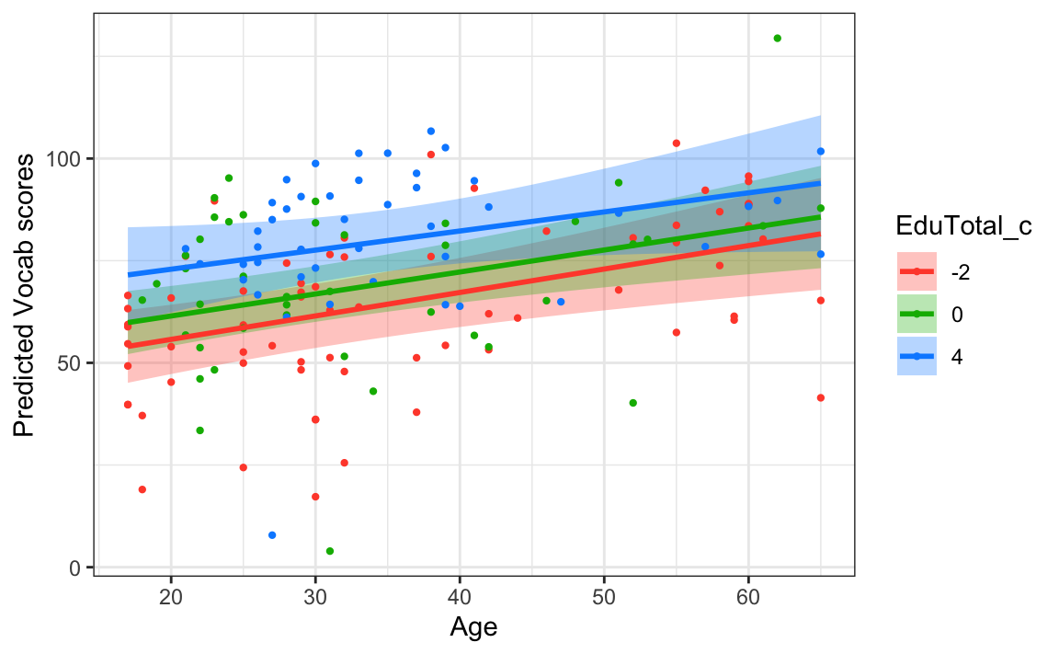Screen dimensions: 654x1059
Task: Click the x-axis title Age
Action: coord(473,627)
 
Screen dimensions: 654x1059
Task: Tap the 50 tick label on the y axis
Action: coord(73,363)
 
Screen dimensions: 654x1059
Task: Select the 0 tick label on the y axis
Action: coord(78,568)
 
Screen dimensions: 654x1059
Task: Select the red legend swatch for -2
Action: coord(917,271)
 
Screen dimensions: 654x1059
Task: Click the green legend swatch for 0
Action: coord(917,315)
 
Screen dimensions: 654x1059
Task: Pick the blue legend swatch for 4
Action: coord(917,358)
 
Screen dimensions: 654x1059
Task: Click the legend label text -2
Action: coord(961,271)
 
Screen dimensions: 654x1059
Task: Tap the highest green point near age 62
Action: coord(777,39)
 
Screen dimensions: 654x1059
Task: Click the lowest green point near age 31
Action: coord(330,551)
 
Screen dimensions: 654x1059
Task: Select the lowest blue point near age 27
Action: coord(272,535)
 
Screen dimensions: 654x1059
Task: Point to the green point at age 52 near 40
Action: coord(632,403)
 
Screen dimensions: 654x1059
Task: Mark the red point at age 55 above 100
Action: coord(676,143)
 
